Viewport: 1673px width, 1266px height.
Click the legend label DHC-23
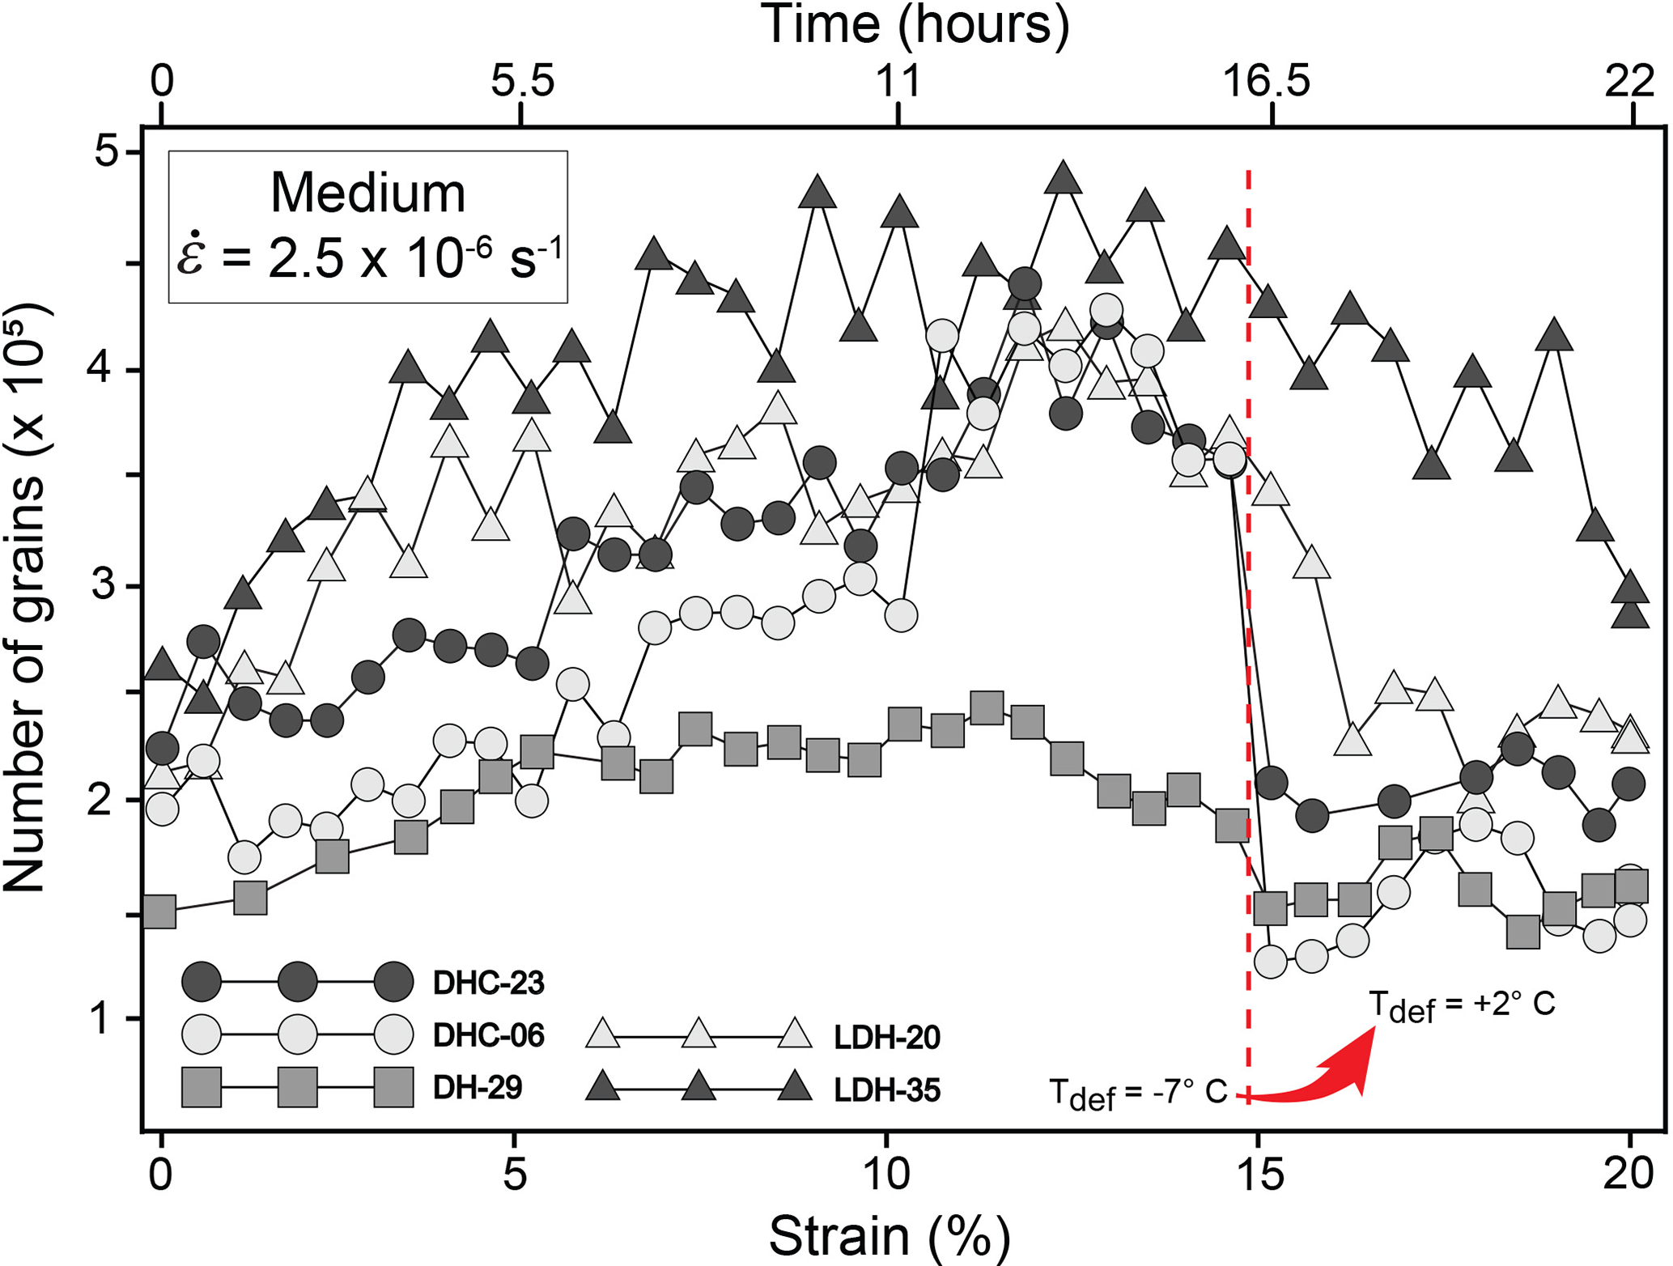(488, 983)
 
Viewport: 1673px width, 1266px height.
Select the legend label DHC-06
(488, 1035)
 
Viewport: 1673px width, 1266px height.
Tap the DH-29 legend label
(478, 1088)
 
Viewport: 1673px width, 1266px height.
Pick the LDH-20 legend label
(887, 1037)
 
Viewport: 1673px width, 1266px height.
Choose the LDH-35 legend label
(887, 1090)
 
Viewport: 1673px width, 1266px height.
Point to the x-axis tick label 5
(515, 1174)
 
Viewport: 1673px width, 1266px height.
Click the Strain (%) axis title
(889, 1235)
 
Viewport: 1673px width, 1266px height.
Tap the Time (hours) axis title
(915, 24)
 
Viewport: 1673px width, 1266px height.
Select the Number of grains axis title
(26, 599)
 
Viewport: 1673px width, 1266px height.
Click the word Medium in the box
(367, 193)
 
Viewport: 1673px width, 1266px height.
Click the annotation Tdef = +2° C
(1461, 1006)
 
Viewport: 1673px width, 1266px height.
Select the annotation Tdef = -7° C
(1138, 1094)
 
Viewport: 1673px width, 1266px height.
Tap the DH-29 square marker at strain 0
(159, 911)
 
